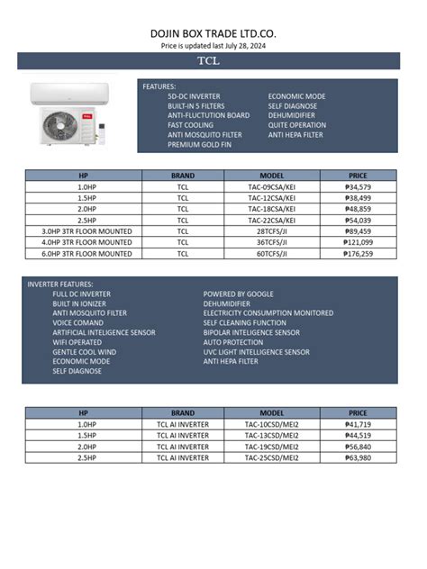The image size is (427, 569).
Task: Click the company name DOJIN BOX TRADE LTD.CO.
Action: tap(213, 33)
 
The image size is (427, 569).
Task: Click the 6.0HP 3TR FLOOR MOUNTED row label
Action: tap(86, 254)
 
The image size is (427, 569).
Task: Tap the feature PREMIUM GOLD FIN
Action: tap(204, 145)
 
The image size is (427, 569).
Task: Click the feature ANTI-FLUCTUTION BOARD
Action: tap(208, 115)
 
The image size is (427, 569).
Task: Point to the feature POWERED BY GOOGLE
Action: tap(238, 294)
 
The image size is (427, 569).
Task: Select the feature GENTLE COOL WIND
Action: tap(84, 352)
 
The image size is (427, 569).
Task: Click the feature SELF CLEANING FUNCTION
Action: tap(244, 322)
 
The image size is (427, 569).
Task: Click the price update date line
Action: tap(213, 45)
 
